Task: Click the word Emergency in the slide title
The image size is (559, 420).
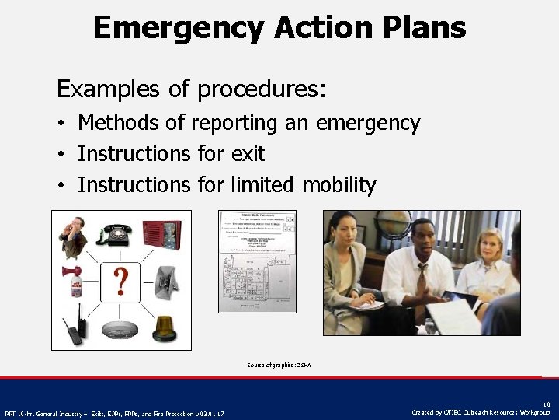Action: pyautogui.click(x=179, y=27)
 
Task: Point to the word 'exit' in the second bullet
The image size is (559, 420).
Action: pyautogui.click(x=247, y=154)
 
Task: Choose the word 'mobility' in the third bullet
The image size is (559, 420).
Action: pyautogui.click(x=339, y=185)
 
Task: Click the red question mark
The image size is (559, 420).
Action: pyautogui.click(x=121, y=280)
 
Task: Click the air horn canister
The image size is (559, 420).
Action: pyautogui.click(x=74, y=283)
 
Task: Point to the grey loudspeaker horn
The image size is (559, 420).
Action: pyautogui.click(x=167, y=281)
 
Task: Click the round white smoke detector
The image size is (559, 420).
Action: pyautogui.click(x=120, y=328)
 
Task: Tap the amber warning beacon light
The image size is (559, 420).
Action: pyautogui.click(x=167, y=327)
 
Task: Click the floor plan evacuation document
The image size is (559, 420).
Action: pyautogui.click(x=257, y=261)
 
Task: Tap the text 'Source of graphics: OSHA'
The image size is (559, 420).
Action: pyautogui.click(x=279, y=365)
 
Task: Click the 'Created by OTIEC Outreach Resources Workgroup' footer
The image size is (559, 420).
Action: pyautogui.click(x=481, y=412)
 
